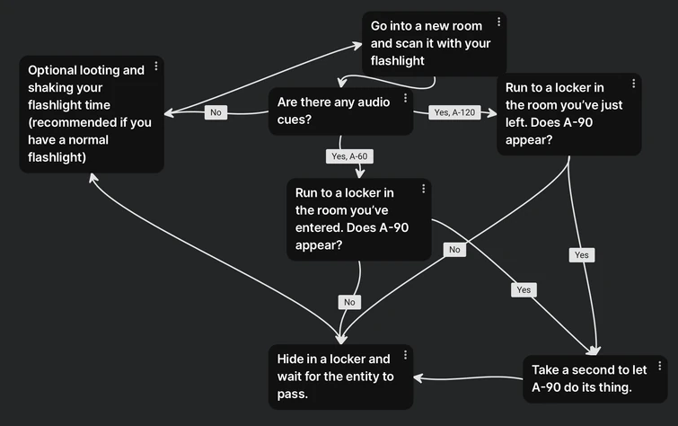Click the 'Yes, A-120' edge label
[x=454, y=112]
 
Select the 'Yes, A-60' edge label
[x=349, y=156]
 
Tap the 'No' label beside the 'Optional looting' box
[x=216, y=112]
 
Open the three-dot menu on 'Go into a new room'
[x=499, y=22]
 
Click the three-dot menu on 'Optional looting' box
[x=156, y=66]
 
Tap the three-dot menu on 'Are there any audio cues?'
[x=405, y=98]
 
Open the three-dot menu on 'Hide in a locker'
[x=405, y=355]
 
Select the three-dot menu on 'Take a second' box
[x=660, y=366]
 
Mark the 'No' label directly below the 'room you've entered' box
[x=349, y=302]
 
